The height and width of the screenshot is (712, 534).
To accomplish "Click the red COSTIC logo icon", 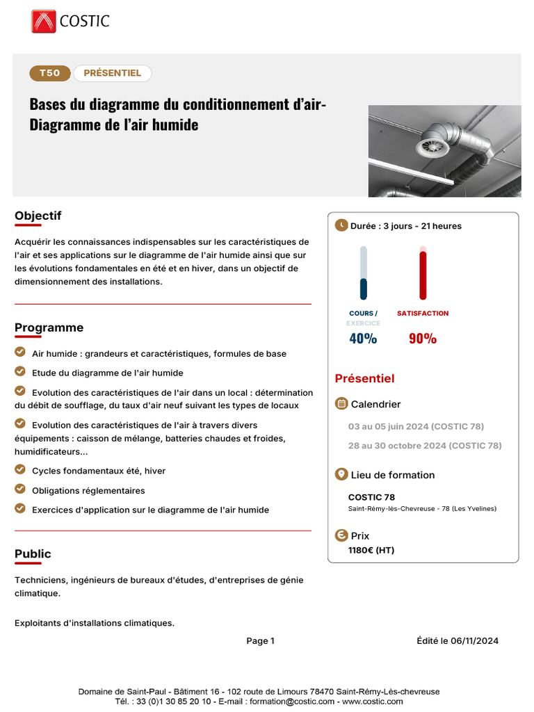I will pyautogui.click(x=43, y=21).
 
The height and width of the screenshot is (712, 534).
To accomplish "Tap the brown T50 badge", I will pyautogui.click(x=49, y=73).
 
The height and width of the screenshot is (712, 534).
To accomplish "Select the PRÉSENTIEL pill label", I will pyautogui.click(x=112, y=73).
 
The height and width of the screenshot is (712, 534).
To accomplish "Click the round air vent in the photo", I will pyautogui.click(x=430, y=146).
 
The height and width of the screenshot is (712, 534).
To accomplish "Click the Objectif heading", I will pyautogui.click(x=38, y=216).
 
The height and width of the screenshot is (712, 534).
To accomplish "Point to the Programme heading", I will pyautogui.click(x=49, y=327).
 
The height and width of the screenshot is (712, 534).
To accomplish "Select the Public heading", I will pyautogui.click(x=33, y=553).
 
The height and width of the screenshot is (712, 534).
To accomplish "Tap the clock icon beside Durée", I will pyautogui.click(x=341, y=225).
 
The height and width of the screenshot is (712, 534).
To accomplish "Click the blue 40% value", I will pyautogui.click(x=363, y=339).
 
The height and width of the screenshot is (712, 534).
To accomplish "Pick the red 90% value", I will pyautogui.click(x=423, y=339).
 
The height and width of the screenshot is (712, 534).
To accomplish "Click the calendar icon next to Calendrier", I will pyautogui.click(x=341, y=404).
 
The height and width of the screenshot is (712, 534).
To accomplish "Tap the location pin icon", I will pyautogui.click(x=341, y=474).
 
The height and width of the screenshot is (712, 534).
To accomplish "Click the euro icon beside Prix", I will pyautogui.click(x=341, y=535).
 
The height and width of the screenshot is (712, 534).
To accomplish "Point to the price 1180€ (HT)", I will pyautogui.click(x=371, y=550).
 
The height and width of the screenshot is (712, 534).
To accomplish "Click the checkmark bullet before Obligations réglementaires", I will pyautogui.click(x=20, y=489).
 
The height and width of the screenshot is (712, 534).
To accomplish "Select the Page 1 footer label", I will pyautogui.click(x=261, y=641).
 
